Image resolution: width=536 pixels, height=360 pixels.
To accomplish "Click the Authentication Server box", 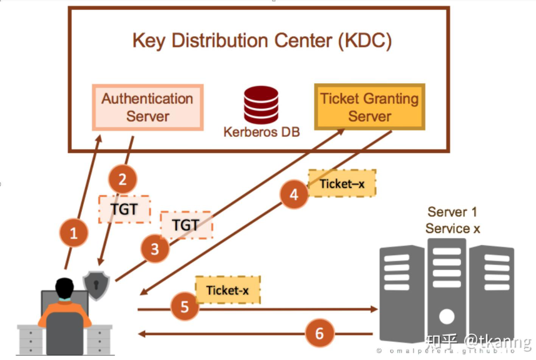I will point(148,107).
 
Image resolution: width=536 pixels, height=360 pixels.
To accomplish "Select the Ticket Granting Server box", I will point(369,107).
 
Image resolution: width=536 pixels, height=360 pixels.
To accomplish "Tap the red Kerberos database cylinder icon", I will point(261,105).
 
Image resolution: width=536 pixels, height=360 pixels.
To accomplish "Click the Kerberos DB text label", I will point(261,132).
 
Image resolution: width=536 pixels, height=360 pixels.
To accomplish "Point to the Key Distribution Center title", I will point(261,41).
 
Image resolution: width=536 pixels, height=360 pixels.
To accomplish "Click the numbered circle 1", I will point(74,234).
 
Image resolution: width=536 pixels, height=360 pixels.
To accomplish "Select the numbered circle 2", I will point(123,180).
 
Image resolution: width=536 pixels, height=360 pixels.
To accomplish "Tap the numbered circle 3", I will point(155,250).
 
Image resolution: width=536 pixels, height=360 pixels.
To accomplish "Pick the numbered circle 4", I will point(294,195).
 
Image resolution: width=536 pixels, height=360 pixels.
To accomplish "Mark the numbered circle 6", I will point(320,333).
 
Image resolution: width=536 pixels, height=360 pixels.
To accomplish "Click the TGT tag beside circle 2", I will point(124,209).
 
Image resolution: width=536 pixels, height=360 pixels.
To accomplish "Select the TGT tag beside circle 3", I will point(186,225).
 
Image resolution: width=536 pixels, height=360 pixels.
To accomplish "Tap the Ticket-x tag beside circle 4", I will point(341,183).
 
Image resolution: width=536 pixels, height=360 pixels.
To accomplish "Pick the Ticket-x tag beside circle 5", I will point(228,290).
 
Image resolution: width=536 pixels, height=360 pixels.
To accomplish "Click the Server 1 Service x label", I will point(453,220).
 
